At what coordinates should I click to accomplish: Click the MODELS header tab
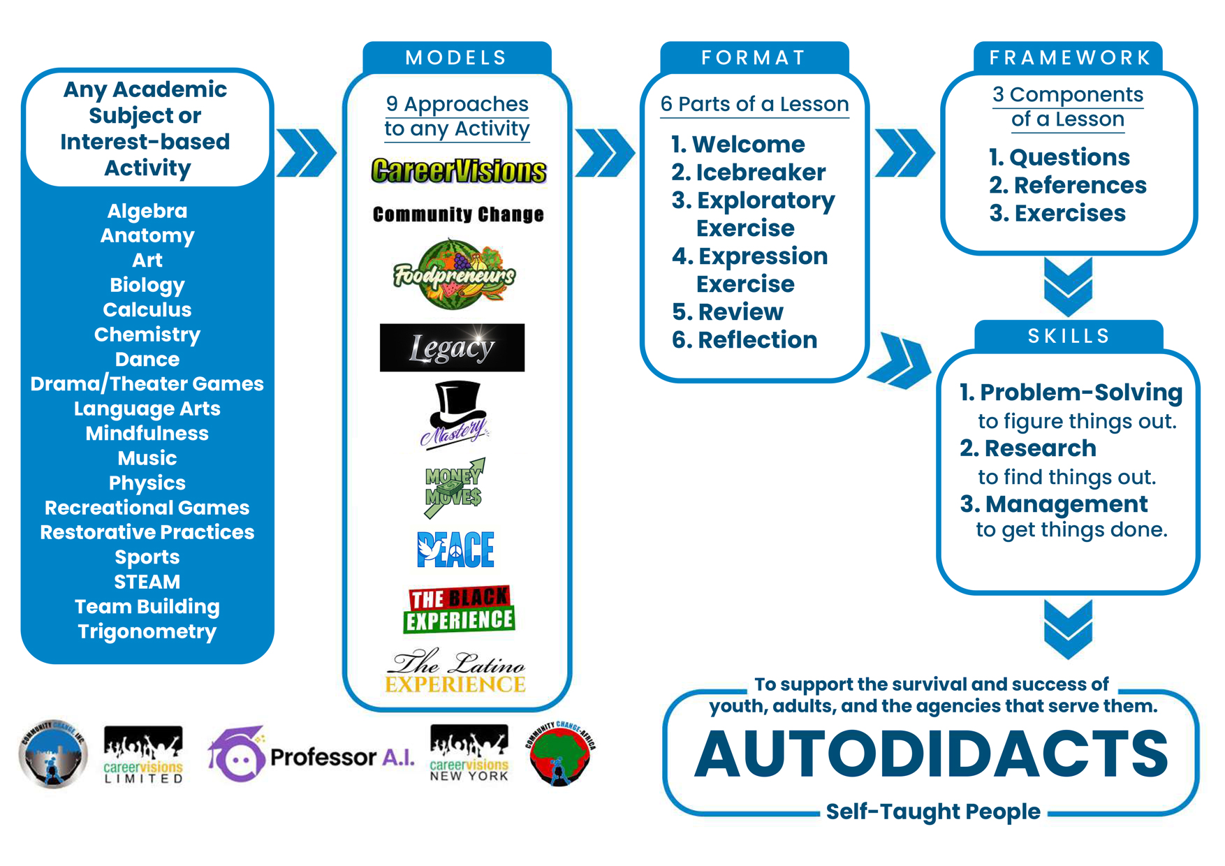click(x=457, y=57)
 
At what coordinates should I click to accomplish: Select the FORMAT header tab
click(x=754, y=57)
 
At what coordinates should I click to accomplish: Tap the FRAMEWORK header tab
click(x=1069, y=57)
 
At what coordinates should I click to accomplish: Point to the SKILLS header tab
click(x=1069, y=336)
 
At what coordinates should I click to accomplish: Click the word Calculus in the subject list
click(x=147, y=309)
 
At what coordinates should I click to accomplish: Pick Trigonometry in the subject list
click(x=147, y=631)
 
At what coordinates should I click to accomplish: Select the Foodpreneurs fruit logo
click(x=455, y=274)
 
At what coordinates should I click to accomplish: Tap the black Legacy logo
click(x=452, y=347)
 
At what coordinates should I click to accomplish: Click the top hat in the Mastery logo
click(x=457, y=402)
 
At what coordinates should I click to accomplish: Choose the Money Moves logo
click(x=455, y=488)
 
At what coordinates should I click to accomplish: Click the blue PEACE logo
click(x=455, y=549)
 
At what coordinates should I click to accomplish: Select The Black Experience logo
click(x=459, y=609)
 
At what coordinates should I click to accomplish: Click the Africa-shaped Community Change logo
click(x=560, y=753)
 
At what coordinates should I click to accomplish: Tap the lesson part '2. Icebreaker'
click(x=748, y=172)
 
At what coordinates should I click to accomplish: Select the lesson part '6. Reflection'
click(x=744, y=339)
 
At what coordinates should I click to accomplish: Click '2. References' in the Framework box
click(x=1068, y=185)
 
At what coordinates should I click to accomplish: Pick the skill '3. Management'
click(x=1054, y=504)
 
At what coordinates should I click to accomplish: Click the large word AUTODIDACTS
click(x=932, y=754)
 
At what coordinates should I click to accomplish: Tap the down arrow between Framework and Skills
click(x=1069, y=287)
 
